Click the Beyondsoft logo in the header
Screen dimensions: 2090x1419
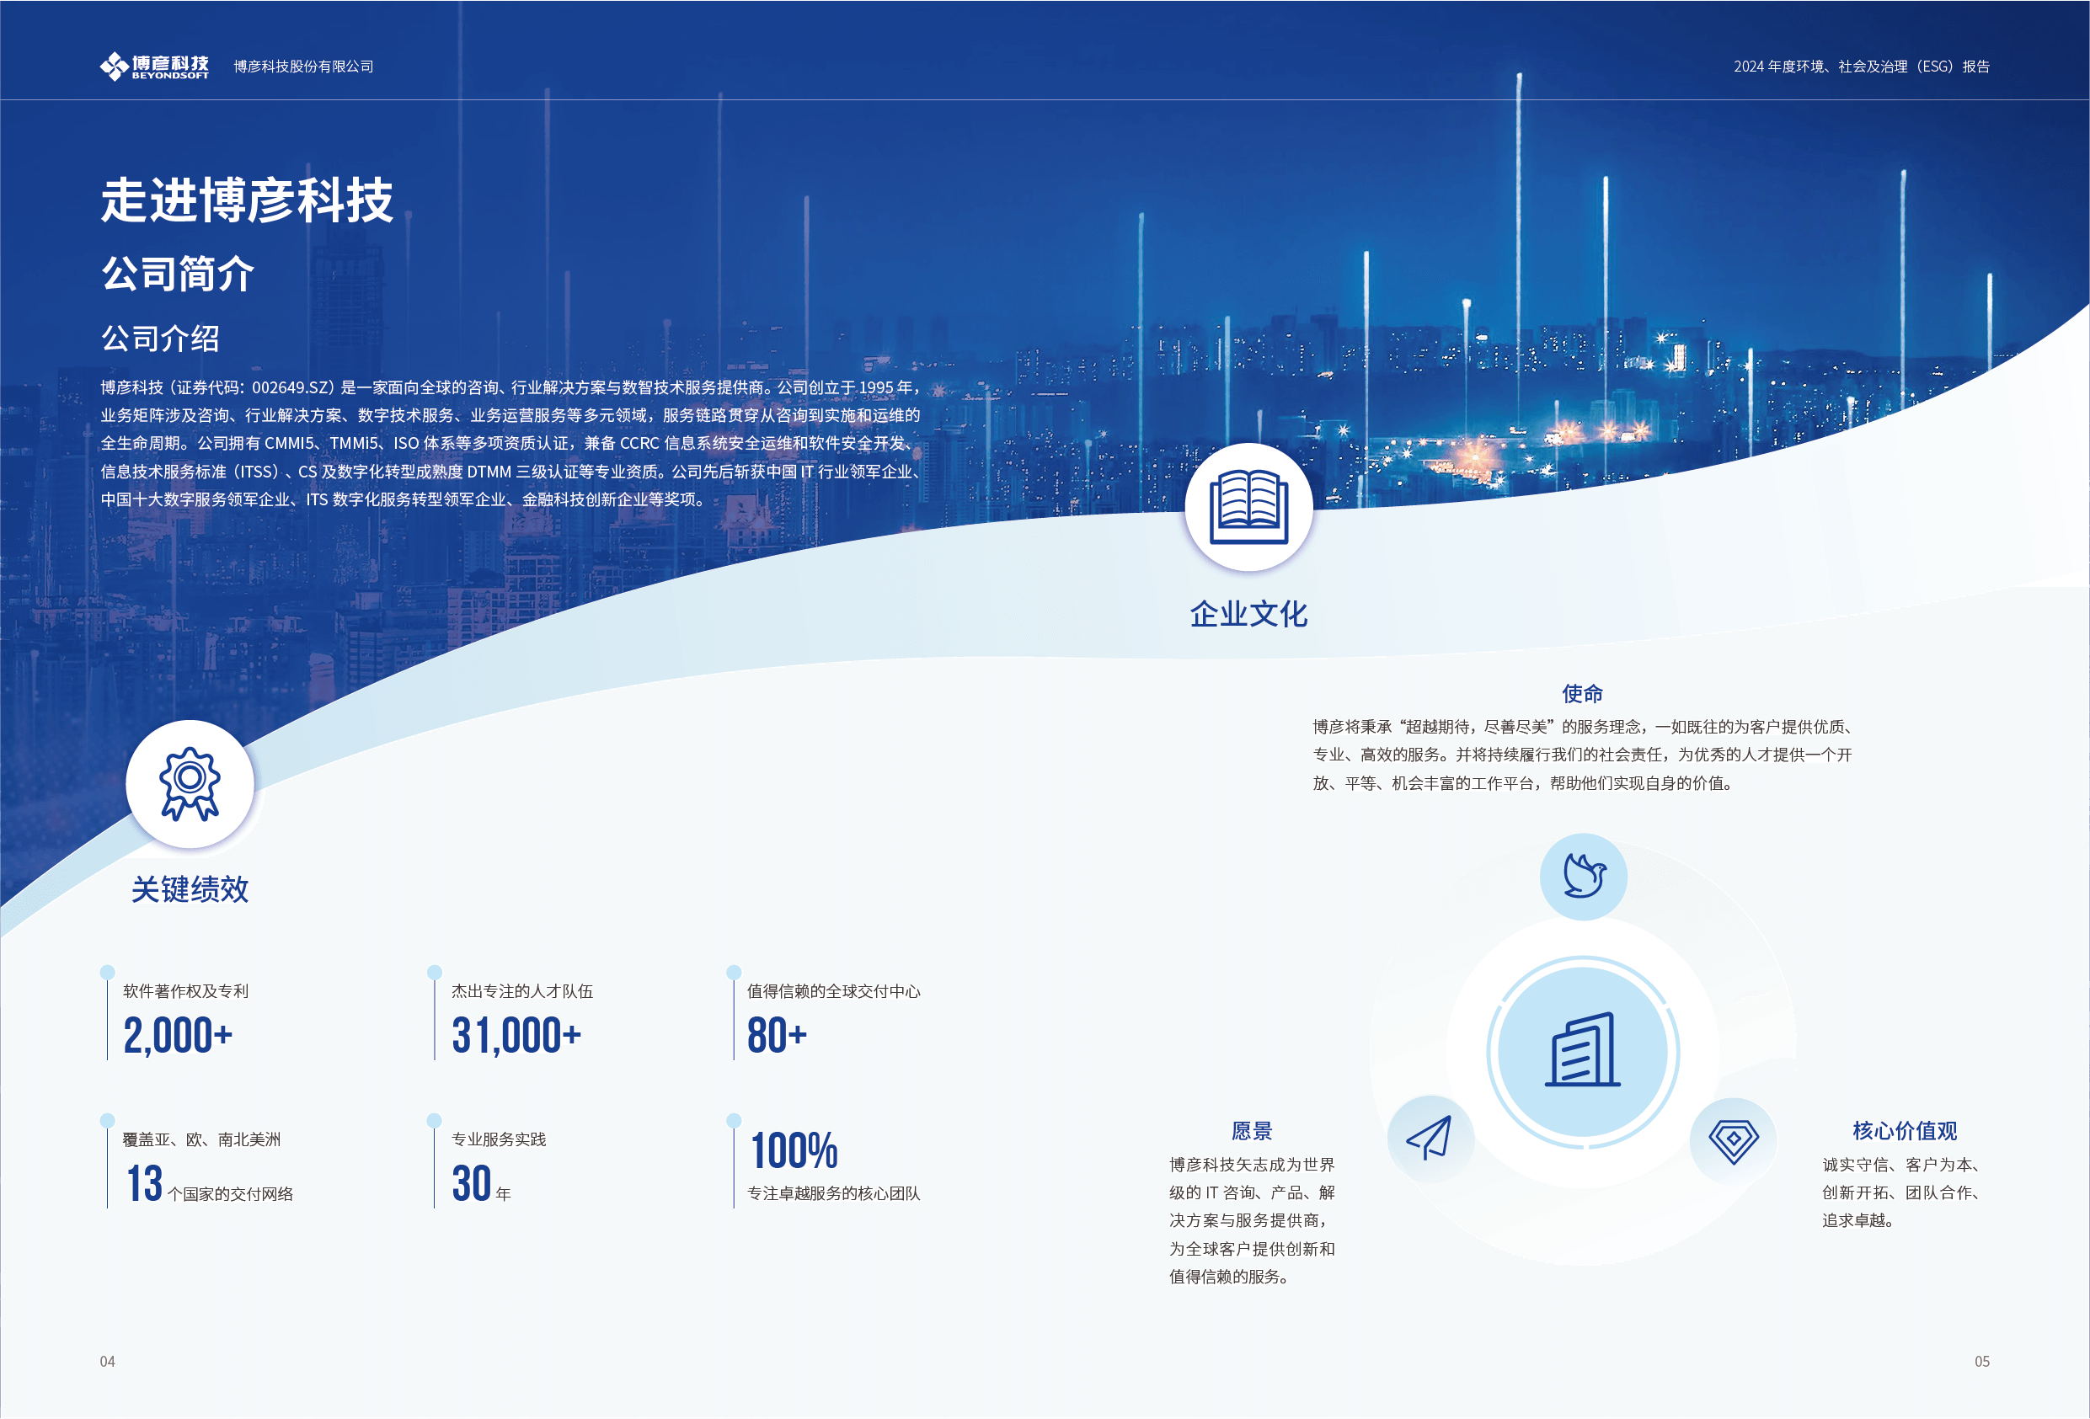(x=154, y=67)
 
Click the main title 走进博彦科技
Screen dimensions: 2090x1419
(x=247, y=200)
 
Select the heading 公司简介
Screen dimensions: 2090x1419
(x=178, y=274)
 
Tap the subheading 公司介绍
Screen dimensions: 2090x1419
(x=160, y=339)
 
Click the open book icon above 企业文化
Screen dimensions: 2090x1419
(x=1248, y=507)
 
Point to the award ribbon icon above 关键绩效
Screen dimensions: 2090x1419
(x=190, y=784)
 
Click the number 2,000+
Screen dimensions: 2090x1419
(x=178, y=1035)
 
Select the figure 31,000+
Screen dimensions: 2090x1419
(x=516, y=1035)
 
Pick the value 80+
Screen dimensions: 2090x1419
(x=777, y=1035)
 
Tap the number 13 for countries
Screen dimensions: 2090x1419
(x=144, y=1183)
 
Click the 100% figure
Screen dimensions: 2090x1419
(x=794, y=1151)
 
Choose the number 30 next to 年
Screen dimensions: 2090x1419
(x=471, y=1183)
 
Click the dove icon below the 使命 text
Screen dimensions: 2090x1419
(x=1584, y=876)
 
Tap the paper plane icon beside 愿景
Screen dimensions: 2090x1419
(x=1430, y=1139)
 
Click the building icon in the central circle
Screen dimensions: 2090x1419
(x=1583, y=1050)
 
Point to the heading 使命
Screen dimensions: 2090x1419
(x=1583, y=693)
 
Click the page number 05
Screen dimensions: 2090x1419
(x=1982, y=1362)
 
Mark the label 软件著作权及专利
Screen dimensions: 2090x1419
(x=186, y=991)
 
